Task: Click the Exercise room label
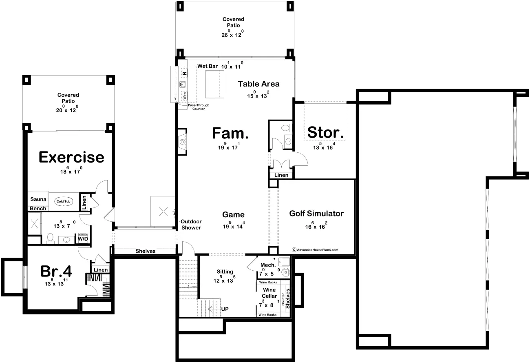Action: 71,157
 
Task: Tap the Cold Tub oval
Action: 63,201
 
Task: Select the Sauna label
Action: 38,200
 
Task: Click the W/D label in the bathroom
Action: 83,238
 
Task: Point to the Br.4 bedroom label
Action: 56,272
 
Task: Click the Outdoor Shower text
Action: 191,225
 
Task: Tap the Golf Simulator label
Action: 316,214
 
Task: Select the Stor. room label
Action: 325,133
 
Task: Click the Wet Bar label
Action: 207,66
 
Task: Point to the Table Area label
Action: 259,84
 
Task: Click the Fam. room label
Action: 230,133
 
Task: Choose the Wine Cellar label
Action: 269,293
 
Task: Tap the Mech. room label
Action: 268,265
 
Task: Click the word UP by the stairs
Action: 225,310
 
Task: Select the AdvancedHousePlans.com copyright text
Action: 315,250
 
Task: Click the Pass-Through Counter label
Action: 199,107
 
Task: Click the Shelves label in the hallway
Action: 145,251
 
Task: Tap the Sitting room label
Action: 225,272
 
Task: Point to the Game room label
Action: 233,215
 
